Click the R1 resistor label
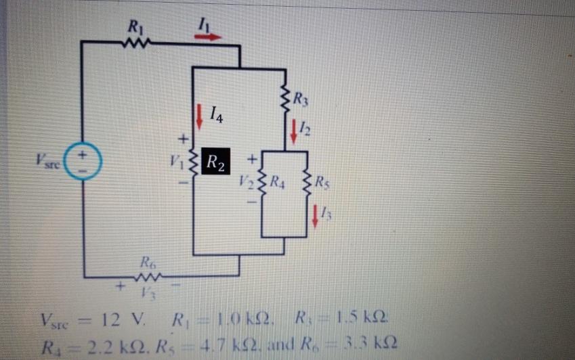tap(134, 28)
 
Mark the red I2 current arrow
tap(294, 130)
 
